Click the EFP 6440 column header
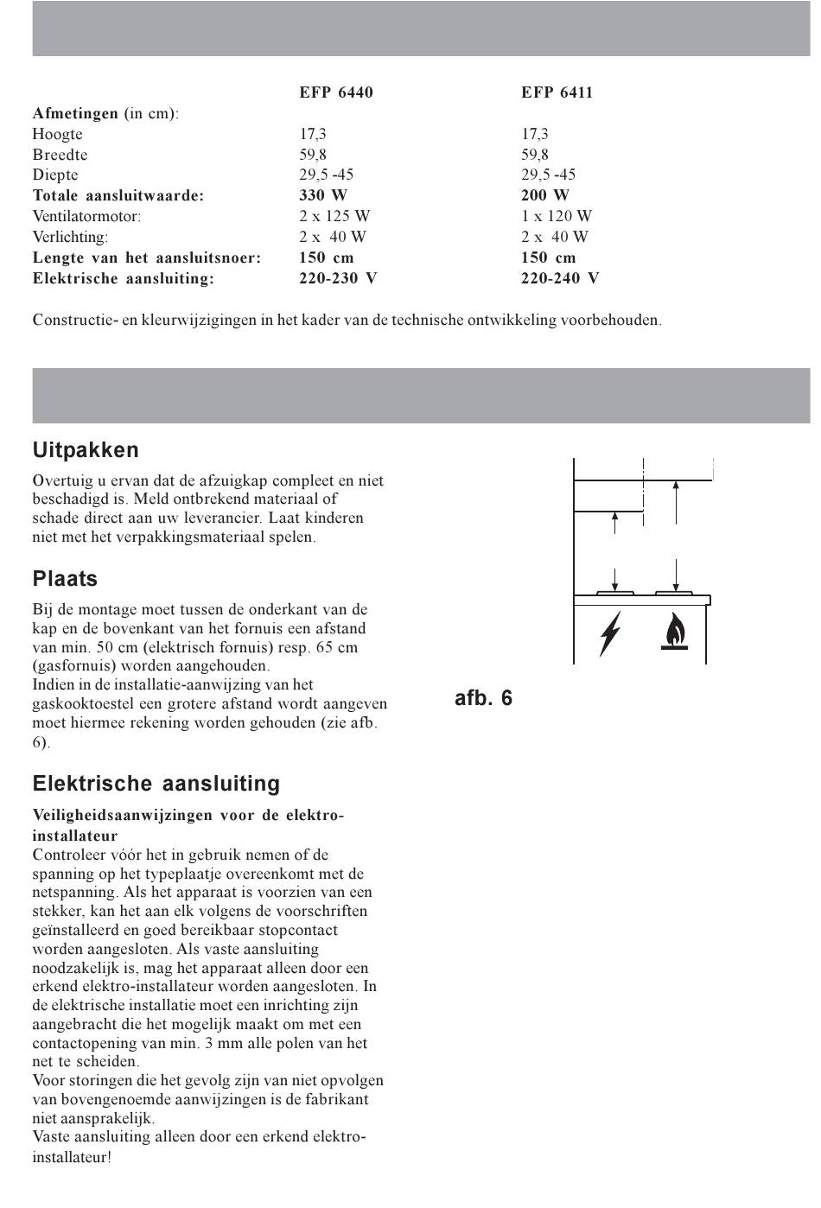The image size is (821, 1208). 336,92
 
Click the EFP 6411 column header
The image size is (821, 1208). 557,92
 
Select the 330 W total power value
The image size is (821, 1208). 323,195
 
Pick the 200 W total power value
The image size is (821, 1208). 545,195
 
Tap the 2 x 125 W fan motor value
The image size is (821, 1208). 334,216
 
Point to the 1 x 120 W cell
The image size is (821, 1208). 556,216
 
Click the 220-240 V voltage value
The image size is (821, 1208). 559,278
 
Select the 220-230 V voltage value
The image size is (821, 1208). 338,278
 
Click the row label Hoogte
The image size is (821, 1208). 57,134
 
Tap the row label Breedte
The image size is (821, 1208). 60,155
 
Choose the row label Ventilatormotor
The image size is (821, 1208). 86,216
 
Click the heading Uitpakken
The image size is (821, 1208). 86,450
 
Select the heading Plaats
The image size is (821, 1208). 65,579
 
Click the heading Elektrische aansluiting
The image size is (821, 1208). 156,784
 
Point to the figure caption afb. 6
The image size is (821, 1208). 483,698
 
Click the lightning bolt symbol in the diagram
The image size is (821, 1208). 611,633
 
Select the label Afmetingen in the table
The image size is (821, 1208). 75,113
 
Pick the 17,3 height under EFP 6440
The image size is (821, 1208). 313,134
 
